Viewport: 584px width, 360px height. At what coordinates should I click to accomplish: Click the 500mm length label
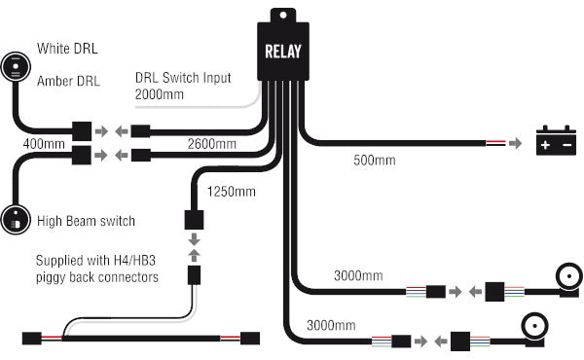tap(375, 160)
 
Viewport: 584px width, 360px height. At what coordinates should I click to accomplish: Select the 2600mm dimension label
tap(212, 144)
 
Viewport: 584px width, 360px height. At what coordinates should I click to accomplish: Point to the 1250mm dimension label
tap(232, 192)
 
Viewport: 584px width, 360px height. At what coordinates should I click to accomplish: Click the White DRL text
tap(66, 48)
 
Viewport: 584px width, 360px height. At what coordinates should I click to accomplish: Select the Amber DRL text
tap(69, 82)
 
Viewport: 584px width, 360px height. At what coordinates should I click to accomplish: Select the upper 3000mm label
tap(357, 276)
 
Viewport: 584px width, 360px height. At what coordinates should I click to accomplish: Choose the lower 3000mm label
tap(330, 324)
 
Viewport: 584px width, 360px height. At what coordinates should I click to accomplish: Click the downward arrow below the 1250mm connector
tap(194, 239)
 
